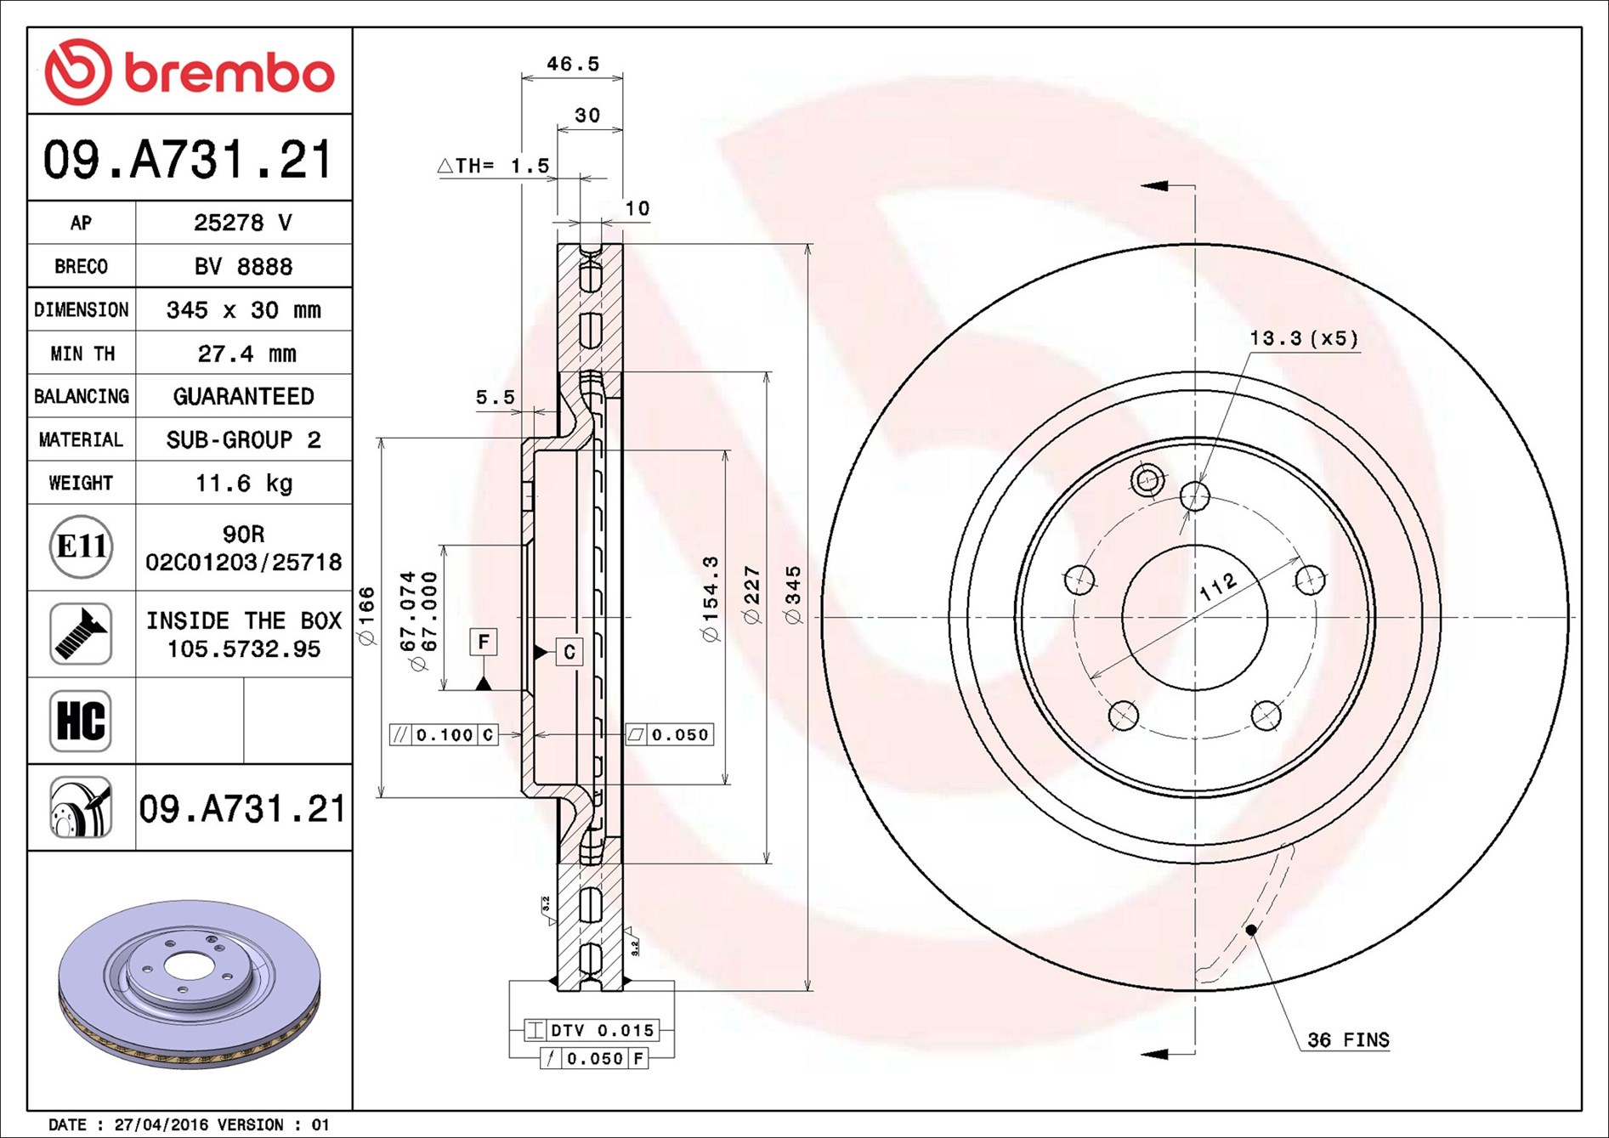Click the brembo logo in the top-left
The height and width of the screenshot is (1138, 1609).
coord(190,72)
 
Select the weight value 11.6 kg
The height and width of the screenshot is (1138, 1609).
coord(244,483)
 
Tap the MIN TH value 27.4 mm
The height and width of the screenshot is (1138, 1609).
coord(246,353)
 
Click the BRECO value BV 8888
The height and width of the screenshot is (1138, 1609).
coord(243,266)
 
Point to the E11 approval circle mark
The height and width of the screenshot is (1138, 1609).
coord(81,546)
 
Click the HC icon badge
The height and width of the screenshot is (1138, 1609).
coord(81,721)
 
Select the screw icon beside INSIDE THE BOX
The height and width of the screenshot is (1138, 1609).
coord(81,634)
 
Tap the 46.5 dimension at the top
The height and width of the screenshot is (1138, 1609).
coord(573,64)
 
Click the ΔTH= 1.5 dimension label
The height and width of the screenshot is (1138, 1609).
coord(494,165)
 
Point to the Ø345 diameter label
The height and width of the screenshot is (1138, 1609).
coord(793,596)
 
